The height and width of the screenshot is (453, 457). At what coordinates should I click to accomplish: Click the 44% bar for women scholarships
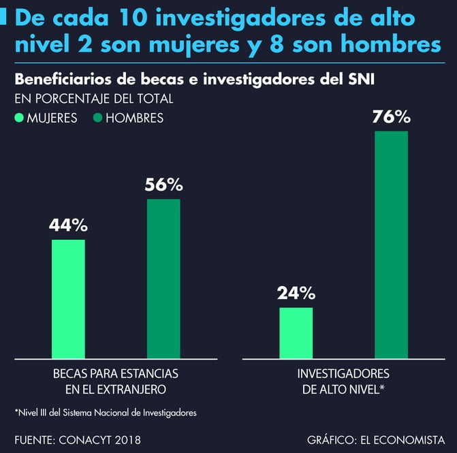pos(68,298)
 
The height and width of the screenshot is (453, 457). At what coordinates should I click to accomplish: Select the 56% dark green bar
pos(163,278)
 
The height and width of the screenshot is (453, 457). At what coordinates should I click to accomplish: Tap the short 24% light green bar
pos(296,332)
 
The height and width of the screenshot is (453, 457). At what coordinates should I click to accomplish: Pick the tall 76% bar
pos(391,244)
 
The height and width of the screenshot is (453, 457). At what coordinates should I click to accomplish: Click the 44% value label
pos(68,224)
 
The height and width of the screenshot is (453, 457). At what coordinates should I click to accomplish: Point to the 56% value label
pos(163,184)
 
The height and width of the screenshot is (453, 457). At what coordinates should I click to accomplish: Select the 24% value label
pos(296,293)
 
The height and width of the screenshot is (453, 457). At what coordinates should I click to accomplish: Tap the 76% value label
pos(391,116)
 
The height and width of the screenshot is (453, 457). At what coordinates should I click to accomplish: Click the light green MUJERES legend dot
pos(19,118)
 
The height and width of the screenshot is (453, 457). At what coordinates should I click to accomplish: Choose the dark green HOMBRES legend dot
pos(98,118)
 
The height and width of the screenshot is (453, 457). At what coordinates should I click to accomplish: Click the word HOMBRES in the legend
pos(134,118)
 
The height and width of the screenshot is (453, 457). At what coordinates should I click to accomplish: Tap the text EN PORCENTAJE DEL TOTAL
pos(93,99)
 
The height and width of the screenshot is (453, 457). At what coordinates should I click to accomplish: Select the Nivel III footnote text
pos(106,412)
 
